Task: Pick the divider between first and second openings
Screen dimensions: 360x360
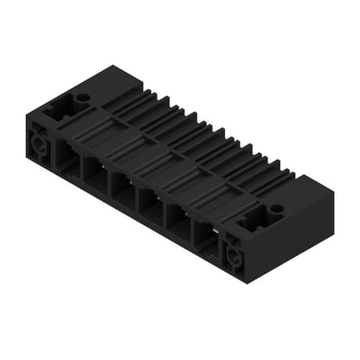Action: (x=82, y=169)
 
